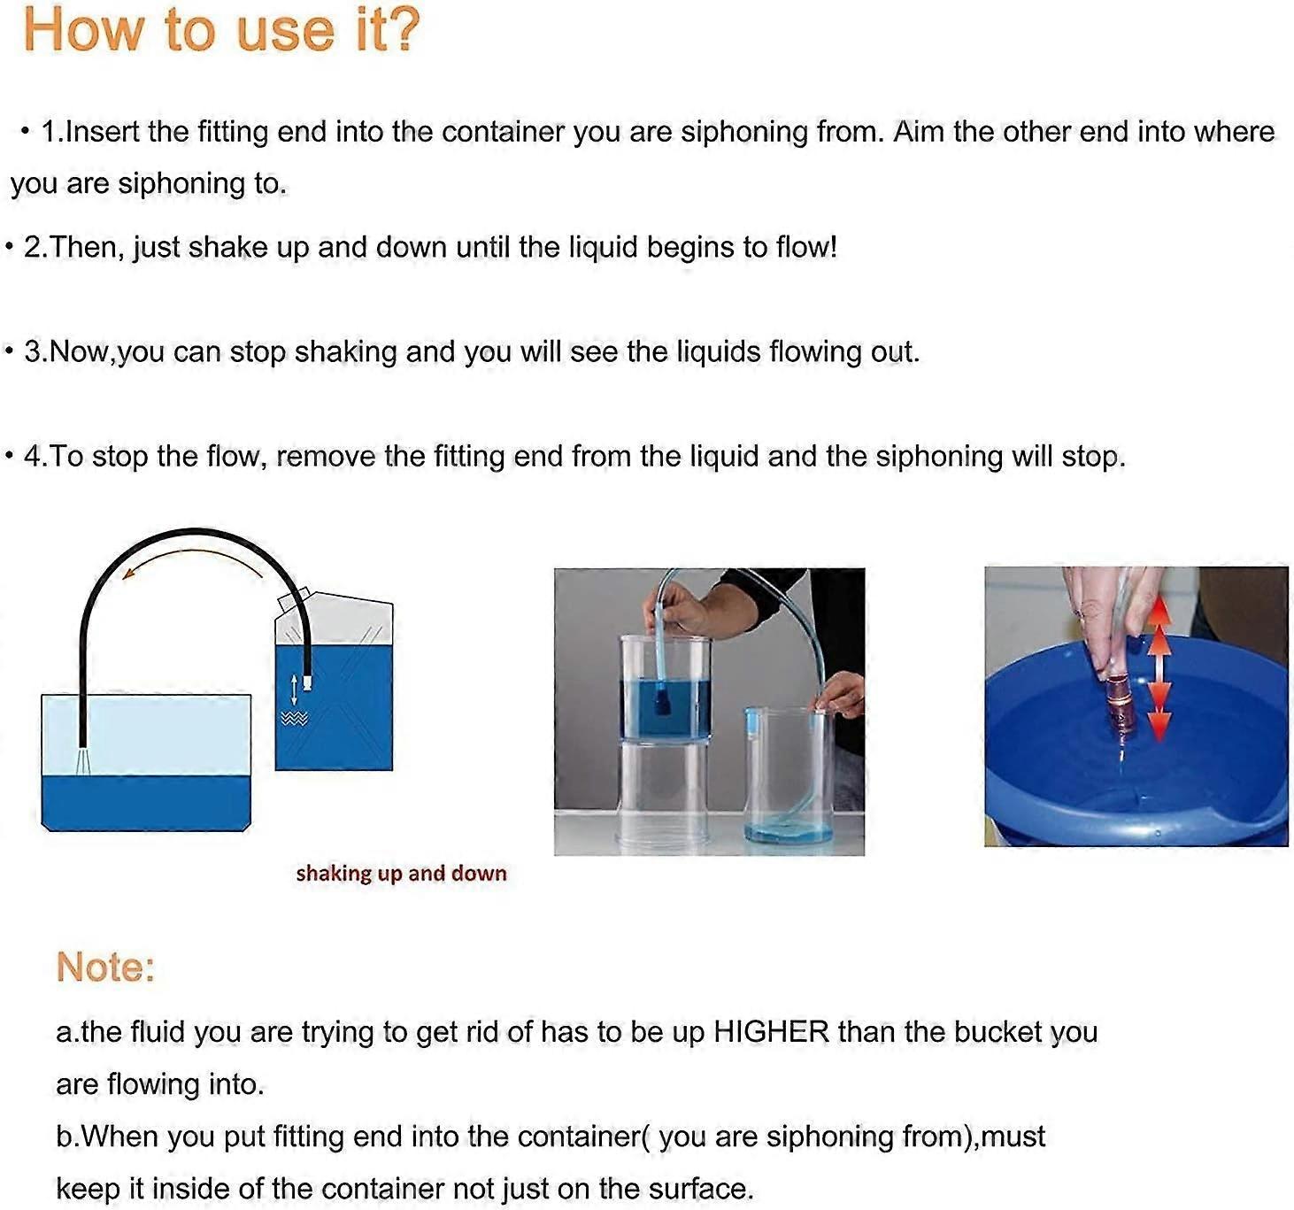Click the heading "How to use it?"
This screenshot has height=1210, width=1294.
point(221,30)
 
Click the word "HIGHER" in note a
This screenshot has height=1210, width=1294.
point(771,1032)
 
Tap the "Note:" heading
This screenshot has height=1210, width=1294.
point(105,967)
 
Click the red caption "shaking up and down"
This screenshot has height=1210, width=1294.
point(401,874)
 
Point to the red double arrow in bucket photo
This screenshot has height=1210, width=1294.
point(1159,673)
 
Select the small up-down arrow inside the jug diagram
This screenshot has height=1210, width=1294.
point(294,689)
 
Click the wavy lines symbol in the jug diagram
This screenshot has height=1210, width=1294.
point(294,719)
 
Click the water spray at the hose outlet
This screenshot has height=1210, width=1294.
point(82,759)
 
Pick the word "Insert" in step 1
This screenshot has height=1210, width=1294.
point(104,132)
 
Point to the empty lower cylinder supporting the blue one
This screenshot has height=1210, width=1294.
point(664,788)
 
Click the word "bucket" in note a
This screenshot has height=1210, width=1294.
point(999,1032)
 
